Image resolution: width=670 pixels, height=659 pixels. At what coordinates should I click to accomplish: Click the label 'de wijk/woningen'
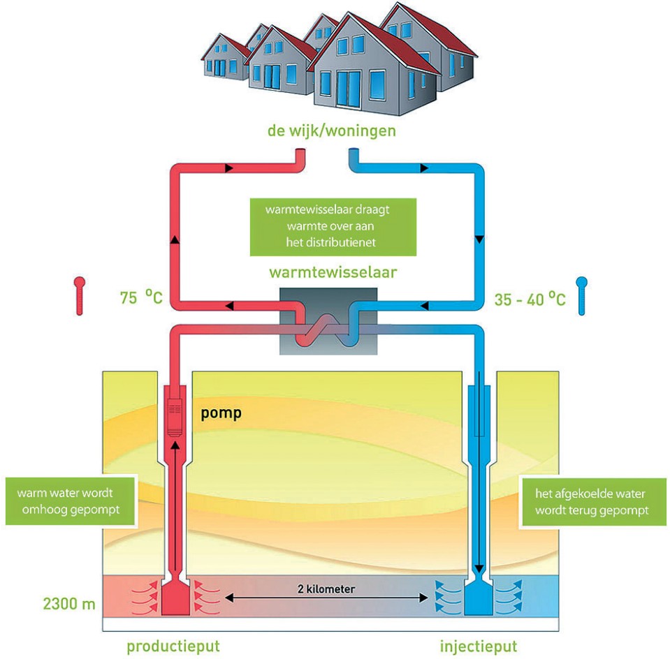[x=332, y=131]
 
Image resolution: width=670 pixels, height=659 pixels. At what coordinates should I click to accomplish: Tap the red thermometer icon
[x=80, y=296]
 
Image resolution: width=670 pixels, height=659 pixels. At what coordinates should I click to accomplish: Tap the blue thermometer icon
[x=581, y=296]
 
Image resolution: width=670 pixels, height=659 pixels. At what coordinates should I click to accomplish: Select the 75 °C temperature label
[x=141, y=297]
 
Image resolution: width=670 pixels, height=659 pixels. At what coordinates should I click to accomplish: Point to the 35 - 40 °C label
[x=530, y=299]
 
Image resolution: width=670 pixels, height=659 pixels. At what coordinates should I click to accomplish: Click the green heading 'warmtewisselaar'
[x=333, y=272]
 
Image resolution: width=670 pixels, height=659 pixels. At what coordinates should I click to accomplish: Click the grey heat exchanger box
[x=328, y=321]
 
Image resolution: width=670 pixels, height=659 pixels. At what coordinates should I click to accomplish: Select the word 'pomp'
[x=221, y=413]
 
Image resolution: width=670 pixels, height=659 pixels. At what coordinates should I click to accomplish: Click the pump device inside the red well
[x=175, y=417]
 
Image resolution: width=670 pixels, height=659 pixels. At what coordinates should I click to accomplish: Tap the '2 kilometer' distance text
[x=326, y=589]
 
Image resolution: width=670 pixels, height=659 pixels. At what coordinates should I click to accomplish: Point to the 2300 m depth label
[x=68, y=603]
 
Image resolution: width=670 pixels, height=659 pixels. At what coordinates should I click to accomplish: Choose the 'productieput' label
[x=173, y=646]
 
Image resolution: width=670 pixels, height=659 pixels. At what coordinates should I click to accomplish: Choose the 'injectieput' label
[x=479, y=646]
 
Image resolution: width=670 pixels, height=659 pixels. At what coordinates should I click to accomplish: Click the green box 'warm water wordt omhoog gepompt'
[x=71, y=501]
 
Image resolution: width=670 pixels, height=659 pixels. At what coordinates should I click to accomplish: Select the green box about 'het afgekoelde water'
[x=592, y=502]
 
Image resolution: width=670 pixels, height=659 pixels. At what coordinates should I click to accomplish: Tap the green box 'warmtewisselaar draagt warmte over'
[x=333, y=227]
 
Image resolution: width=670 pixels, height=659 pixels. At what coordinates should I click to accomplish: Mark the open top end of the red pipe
[x=301, y=151]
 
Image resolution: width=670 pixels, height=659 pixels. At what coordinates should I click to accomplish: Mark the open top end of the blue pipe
[x=354, y=151]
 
